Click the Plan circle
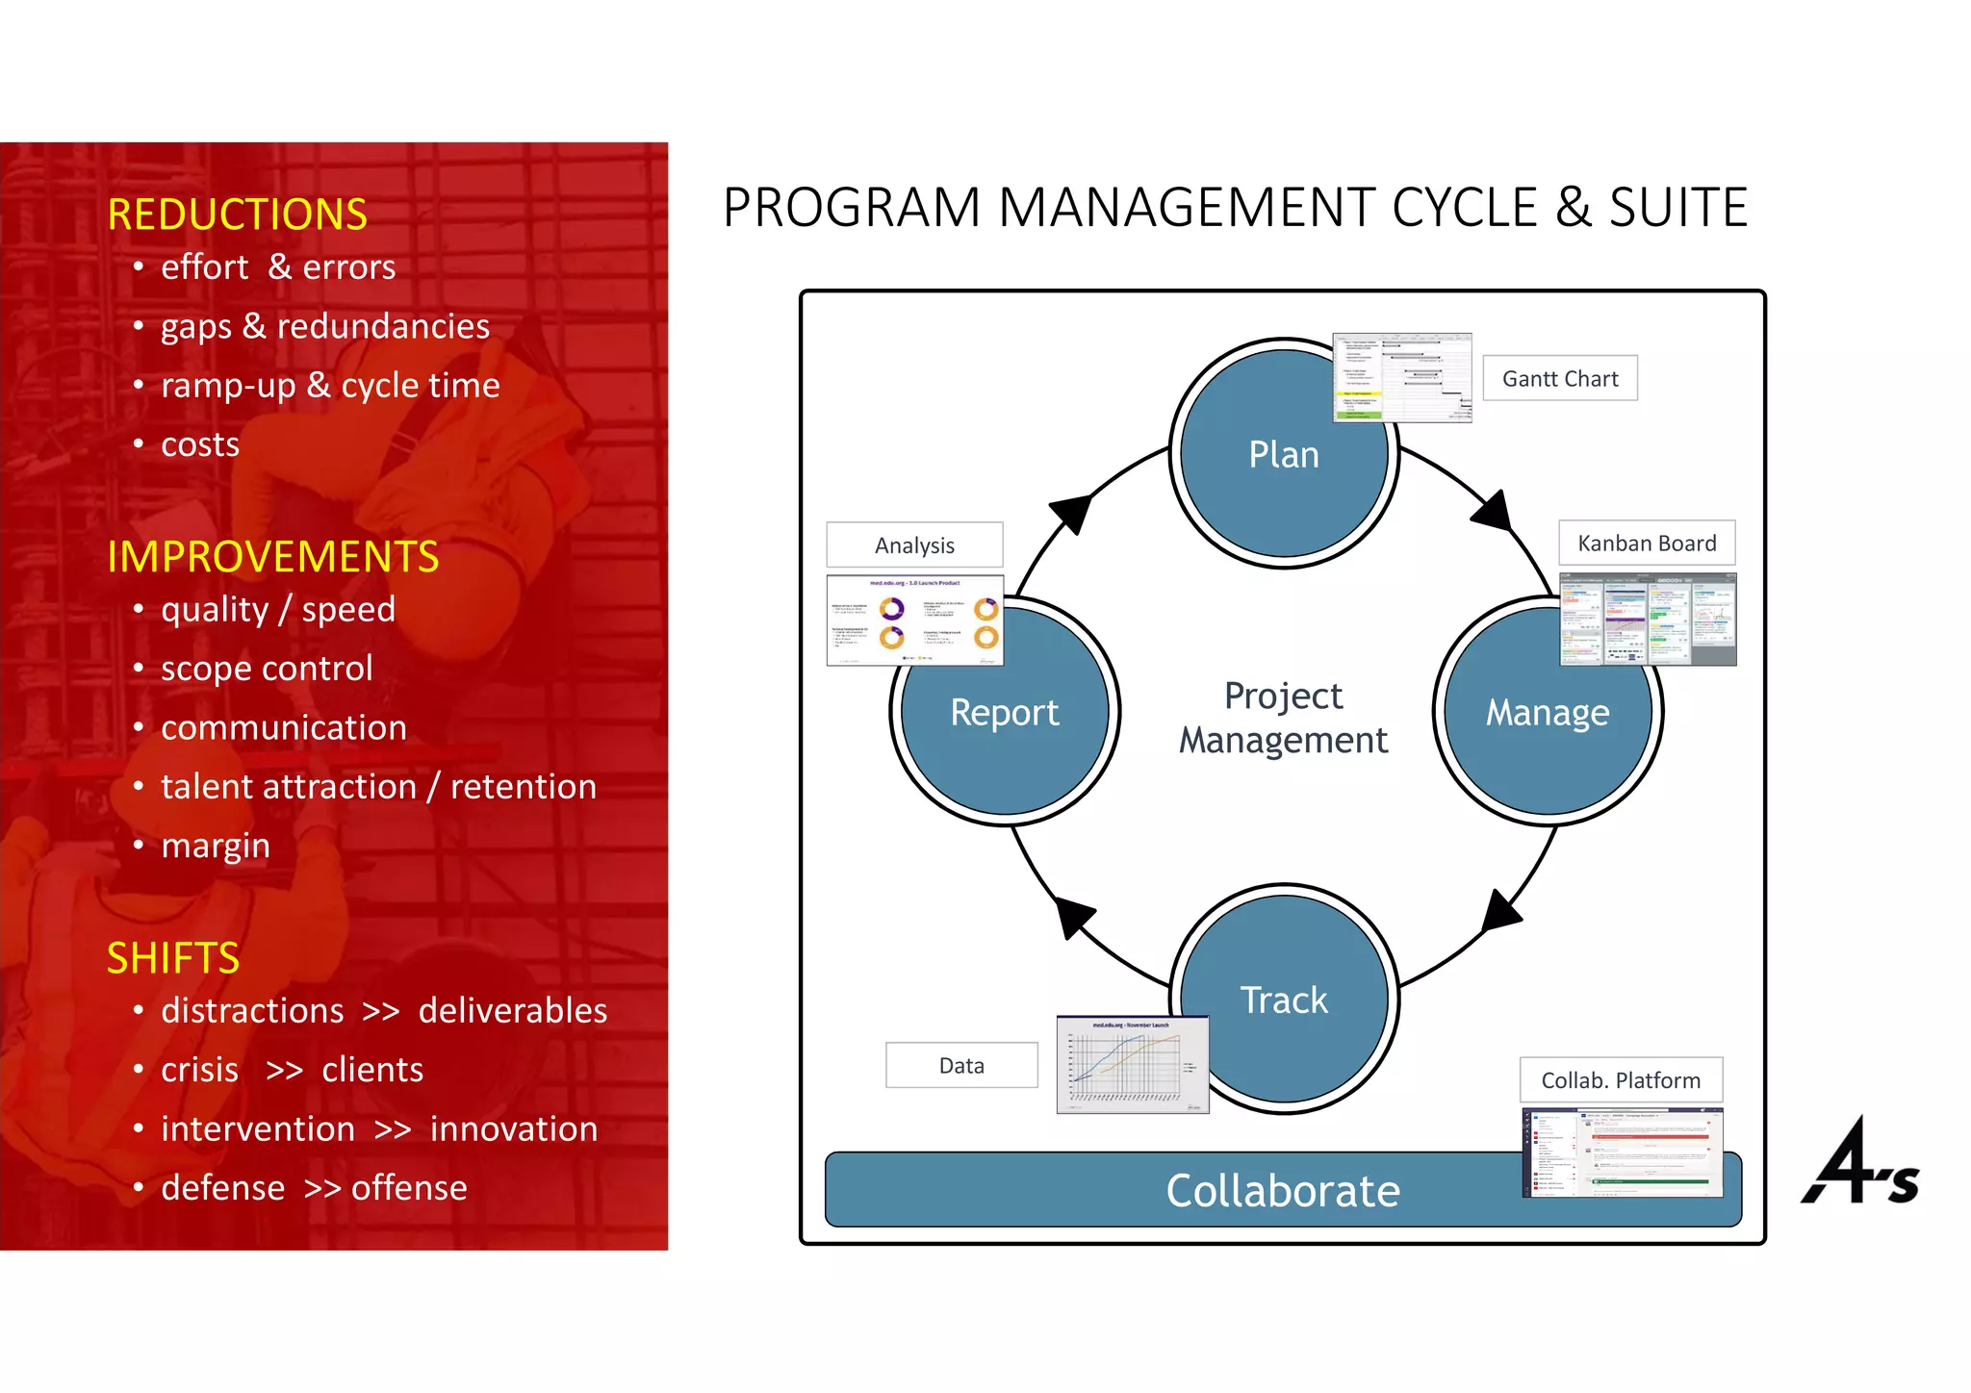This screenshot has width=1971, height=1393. pyautogui.click(x=1283, y=455)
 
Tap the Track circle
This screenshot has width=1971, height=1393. pyautogui.click(x=1283, y=1000)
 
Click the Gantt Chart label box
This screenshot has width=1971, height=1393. pyautogui.click(x=1559, y=379)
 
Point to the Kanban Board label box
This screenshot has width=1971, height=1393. pyautogui.click(x=1646, y=544)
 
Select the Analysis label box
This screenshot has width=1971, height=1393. pyautogui.click(x=914, y=545)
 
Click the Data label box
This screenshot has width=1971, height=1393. pyautogui.click(x=961, y=1066)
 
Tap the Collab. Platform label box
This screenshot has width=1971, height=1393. pyautogui.click(x=1621, y=1080)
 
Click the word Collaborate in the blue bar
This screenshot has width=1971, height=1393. pyautogui.click(x=1283, y=1191)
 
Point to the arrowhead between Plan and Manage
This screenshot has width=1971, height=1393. pyautogui.click(x=1494, y=511)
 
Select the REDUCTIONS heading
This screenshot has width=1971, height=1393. pyautogui.click(x=237, y=215)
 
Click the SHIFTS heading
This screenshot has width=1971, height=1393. pyautogui.click(x=173, y=958)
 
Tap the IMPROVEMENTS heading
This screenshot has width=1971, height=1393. pyautogui.click(x=273, y=557)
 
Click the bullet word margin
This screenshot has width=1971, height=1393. pyautogui.click(x=216, y=846)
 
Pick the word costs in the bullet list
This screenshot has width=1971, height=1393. pyautogui.click(x=200, y=444)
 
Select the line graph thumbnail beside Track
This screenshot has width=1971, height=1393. pyautogui.click(x=1132, y=1065)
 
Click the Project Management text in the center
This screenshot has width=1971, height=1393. pyautogui.click(x=1283, y=718)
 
